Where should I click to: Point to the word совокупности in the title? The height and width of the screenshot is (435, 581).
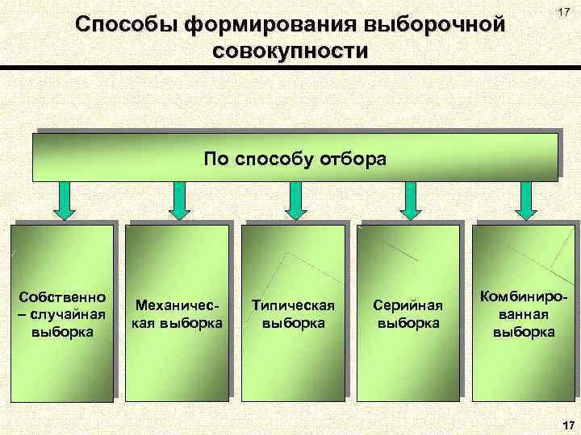[291, 53]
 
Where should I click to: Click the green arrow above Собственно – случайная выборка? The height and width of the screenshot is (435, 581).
[65, 201]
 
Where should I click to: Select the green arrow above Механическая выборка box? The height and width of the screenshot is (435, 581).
[180, 201]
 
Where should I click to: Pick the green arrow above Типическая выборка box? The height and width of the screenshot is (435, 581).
[295, 201]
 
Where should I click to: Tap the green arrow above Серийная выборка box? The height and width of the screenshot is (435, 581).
[411, 201]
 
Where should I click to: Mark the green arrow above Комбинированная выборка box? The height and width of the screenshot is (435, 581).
[526, 201]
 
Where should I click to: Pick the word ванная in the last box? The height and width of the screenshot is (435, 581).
[524, 314]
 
